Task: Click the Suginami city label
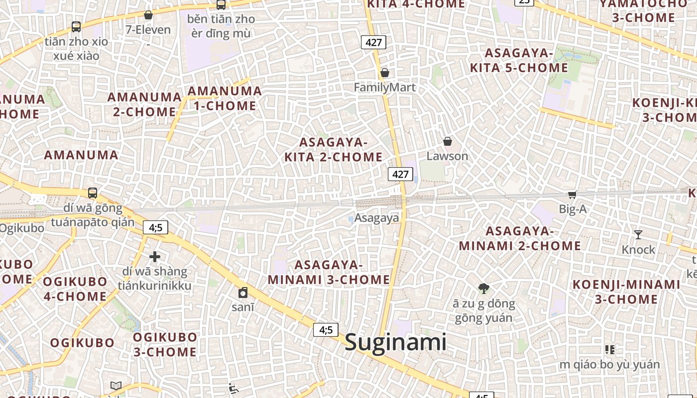point(396,343)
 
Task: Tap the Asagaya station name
point(376,218)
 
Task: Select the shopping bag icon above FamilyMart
point(385,73)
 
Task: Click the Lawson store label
point(447,156)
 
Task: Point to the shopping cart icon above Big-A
point(573,195)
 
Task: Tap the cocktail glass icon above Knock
point(638,234)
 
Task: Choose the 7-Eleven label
point(148,29)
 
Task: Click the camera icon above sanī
point(243,293)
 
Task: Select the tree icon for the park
point(483,288)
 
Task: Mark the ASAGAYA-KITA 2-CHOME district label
point(333,150)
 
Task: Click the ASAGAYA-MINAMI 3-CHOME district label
point(329,272)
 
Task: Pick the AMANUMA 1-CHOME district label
point(225,98)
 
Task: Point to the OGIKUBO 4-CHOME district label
point(75,289)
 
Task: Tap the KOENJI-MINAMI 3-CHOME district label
point(626,292)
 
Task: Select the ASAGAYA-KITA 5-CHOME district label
point(519,60)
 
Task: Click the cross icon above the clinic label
point(155,257)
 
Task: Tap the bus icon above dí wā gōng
point(93,193)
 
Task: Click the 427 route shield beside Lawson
point(400,174)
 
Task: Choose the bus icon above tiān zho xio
point(76,27)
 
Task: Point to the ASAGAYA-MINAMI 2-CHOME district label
point(520,238)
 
